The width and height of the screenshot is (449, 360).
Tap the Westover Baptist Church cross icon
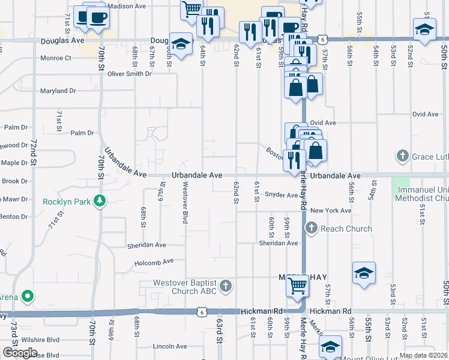coord(225,286)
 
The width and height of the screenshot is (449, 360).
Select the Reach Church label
coord(346,229)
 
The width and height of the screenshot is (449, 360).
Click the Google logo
coord(19,353)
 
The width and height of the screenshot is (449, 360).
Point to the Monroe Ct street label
coord(55,58)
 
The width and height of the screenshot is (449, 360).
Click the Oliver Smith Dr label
coord(130,74)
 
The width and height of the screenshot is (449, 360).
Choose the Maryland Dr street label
coord(58,91)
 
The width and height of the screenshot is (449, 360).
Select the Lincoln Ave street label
coord(170,346)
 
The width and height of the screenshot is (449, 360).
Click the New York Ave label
coord(331,211)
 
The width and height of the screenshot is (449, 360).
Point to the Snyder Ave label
coord(281,196)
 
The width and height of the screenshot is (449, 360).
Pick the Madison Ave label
coord(128,6)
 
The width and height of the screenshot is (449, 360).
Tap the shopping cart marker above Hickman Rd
coord(298,285)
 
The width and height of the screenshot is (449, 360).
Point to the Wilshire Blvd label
coord(43,339)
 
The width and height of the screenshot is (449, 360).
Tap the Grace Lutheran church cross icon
coord(403,157)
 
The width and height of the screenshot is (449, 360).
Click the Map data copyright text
coord(423,355)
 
